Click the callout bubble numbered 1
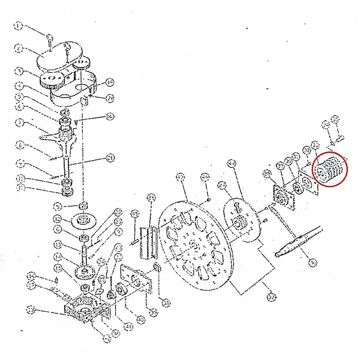point(18,26)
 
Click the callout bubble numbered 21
point(109,157)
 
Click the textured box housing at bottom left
point(85,310)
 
